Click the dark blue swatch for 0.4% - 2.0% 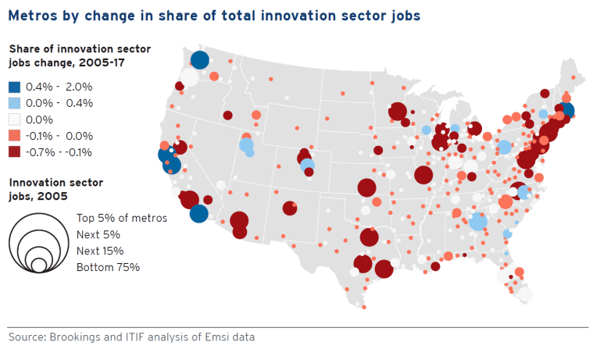(x=16, y=87)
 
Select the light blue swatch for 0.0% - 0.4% (x=16, y=103)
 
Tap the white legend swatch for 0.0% (x=16, y=119)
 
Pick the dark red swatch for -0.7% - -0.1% (x=16, y=152)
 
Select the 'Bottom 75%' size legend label (x=108, y=267)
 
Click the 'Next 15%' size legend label (x=100, y=251)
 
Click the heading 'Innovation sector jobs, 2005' (x=55, y=188)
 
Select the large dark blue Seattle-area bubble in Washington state (x=199, y=60)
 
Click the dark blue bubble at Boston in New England (x=566, y=111)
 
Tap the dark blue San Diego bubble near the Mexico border (x=199, y=213)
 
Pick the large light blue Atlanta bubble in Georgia (x=477, y=223)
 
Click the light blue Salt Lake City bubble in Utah (x=246, y=145)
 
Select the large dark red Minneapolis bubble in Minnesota (x=397, y=112)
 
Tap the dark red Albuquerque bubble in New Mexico (x=290, y=209)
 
